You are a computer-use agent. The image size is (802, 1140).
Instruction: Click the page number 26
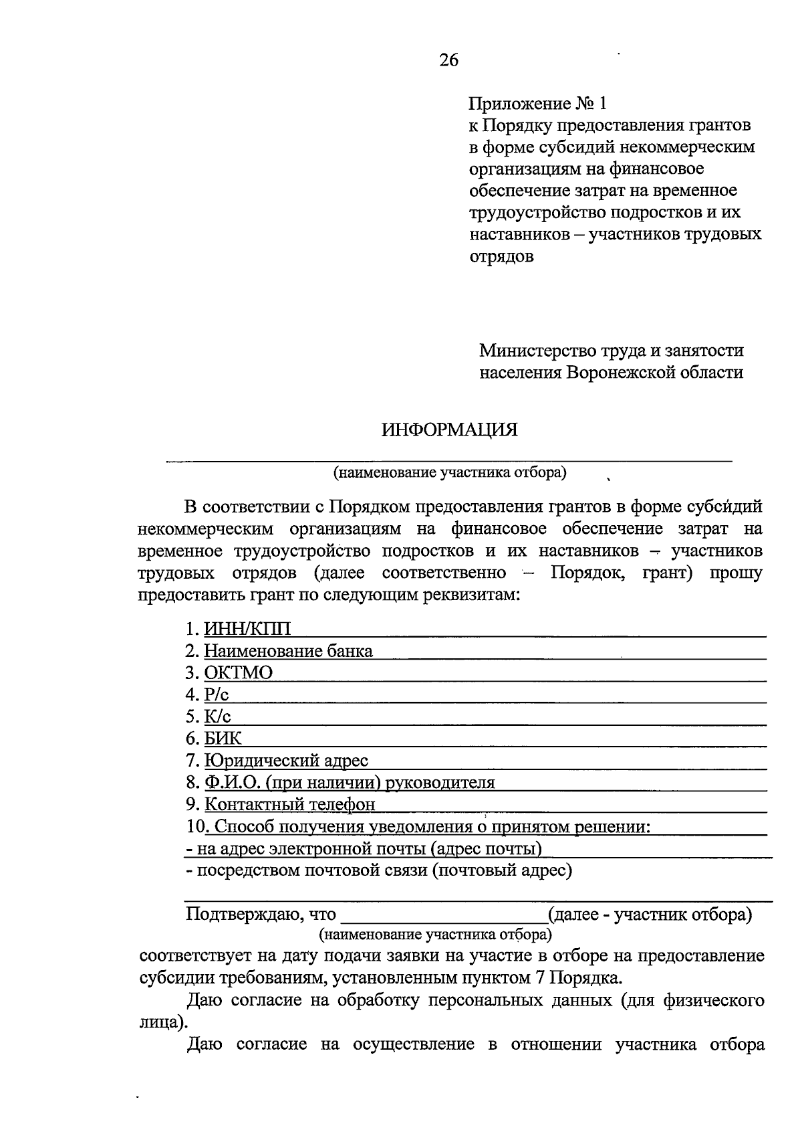[449, 60]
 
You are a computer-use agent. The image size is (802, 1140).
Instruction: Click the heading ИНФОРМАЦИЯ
[450, 430]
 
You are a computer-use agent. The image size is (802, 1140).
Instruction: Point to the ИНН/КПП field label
[248, 629]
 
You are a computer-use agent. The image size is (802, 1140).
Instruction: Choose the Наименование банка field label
[288, 651]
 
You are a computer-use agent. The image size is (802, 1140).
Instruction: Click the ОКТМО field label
[239, 673]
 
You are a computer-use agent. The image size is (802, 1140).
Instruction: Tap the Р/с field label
[217, 695]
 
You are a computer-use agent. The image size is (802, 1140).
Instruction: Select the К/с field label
[218, 717]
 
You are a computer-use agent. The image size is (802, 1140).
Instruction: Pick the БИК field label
[223, 739]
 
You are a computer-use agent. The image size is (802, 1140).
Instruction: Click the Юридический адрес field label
[286, 761]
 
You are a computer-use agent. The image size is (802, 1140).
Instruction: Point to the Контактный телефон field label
[289, 805]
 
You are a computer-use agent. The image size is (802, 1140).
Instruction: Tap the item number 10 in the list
[195, 827]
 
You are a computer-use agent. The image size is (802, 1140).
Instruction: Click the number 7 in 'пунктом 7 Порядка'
[539, 978]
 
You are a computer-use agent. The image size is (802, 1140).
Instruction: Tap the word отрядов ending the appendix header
[501, 256]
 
